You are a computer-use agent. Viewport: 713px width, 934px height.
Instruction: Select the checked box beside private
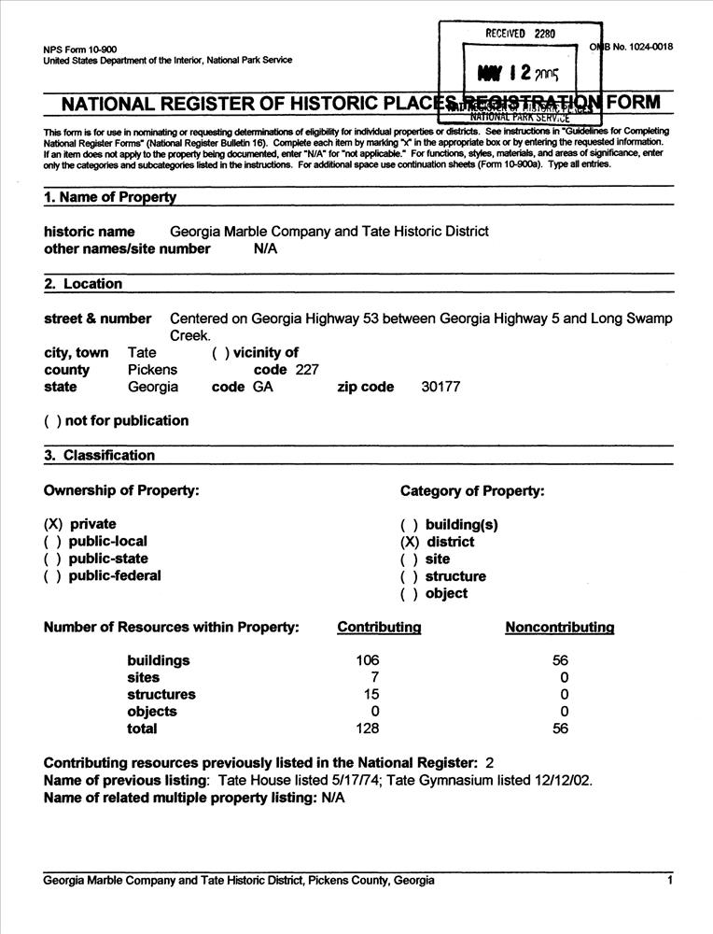coord(52,524)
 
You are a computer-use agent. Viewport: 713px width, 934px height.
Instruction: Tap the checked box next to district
coord(410,542)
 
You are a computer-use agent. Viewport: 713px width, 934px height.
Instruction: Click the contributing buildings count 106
coord(368,660)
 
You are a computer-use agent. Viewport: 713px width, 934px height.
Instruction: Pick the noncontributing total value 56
coord(560,729)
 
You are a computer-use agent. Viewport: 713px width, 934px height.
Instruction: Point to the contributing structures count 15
coord(371,694)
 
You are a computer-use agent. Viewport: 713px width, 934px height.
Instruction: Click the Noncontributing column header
coord(559,628)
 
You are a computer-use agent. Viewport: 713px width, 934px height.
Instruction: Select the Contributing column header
coord(379,628)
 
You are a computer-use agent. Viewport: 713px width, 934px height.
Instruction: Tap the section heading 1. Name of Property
coord(109,197)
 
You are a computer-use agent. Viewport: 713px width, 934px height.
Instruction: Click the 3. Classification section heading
coord(99,456)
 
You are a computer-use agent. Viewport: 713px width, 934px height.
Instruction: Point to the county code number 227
coord(306,370)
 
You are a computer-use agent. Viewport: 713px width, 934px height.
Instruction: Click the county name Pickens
coord(152,370)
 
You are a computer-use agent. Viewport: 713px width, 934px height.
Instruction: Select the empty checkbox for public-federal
coord(52,576)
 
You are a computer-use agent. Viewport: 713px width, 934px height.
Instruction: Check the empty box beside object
coord(409,594)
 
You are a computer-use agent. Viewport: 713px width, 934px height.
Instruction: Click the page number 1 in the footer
coord(670,880)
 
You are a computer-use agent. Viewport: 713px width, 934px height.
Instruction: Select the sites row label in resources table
coord(144,677)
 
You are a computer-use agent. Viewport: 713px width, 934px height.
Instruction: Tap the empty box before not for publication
coord(52,421)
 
